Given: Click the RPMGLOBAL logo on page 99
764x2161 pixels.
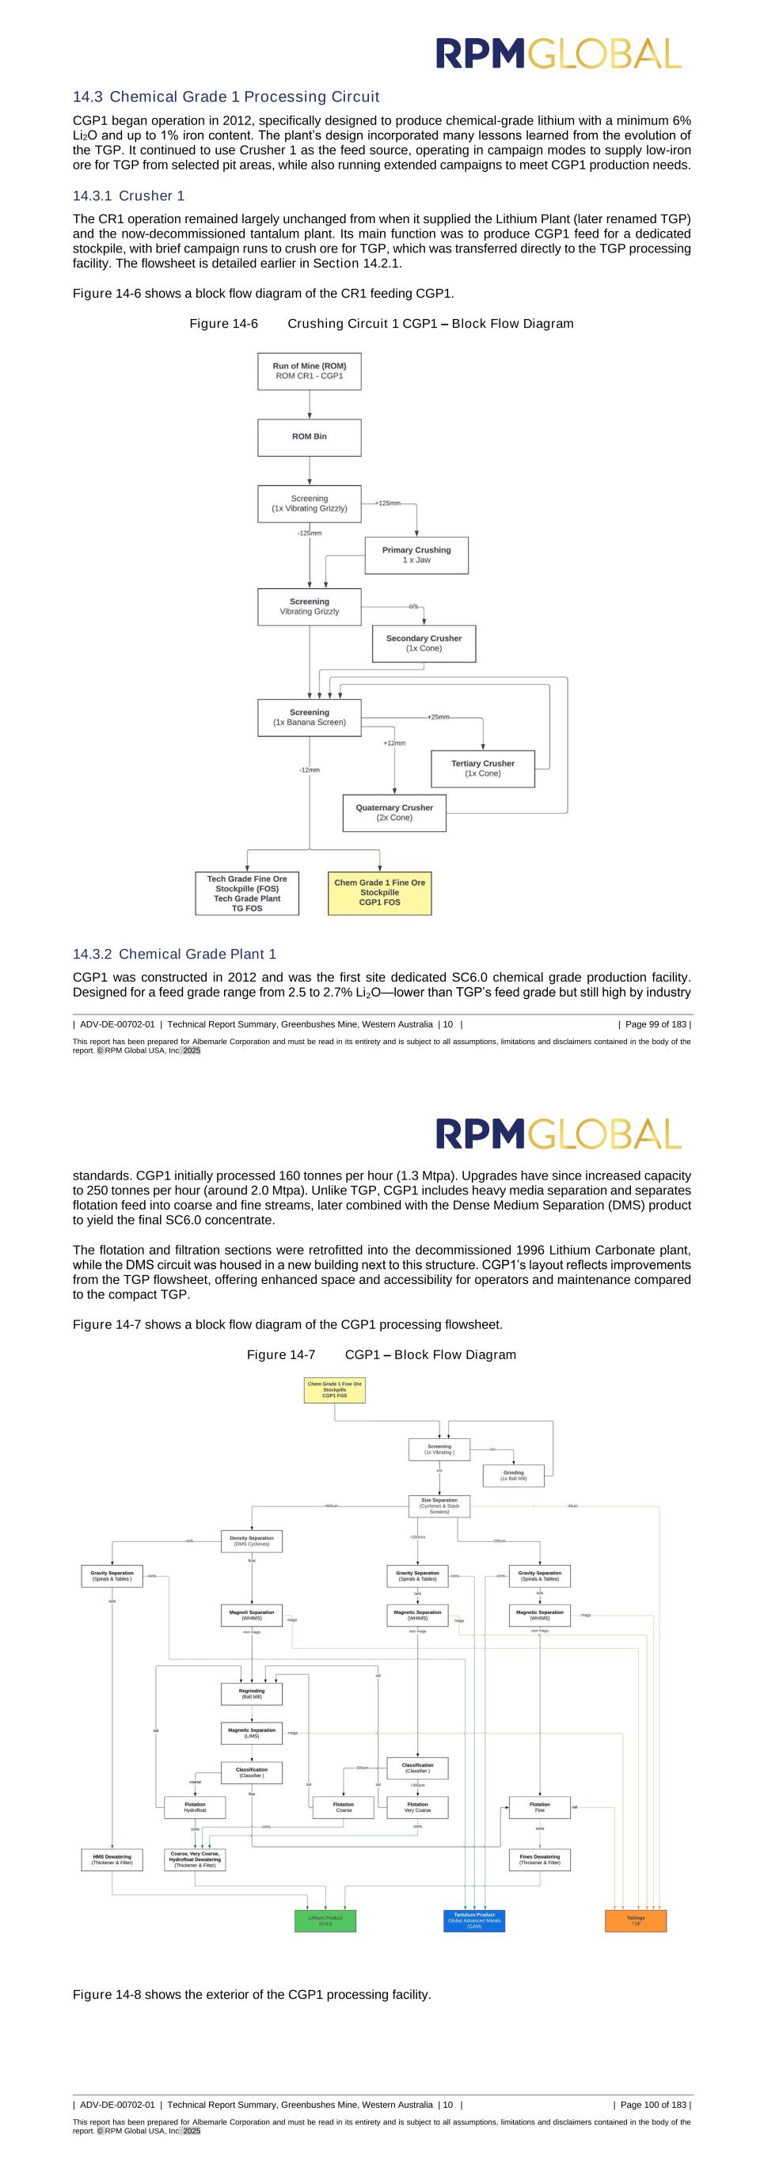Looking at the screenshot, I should (557, 54).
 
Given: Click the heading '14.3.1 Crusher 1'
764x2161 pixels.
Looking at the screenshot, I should (128, 196).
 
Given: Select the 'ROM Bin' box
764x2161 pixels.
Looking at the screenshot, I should (310, 437).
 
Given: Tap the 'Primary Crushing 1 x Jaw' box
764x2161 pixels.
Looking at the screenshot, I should (416, 556).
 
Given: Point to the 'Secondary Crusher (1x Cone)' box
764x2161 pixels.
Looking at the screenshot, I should (424, 644).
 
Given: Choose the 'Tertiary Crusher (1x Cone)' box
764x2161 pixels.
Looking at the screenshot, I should (482, 769).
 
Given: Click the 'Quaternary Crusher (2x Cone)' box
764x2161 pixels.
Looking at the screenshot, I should (394, 813).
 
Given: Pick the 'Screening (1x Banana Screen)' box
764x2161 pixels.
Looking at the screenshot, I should (310, 717).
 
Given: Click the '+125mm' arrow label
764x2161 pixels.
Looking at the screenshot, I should (387, 503).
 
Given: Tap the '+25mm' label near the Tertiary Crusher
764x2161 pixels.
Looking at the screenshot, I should (438, 717).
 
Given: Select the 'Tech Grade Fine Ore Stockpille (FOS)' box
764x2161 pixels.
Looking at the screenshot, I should (246, 894).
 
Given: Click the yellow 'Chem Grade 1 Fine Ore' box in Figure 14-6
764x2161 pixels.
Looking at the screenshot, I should (379, 893).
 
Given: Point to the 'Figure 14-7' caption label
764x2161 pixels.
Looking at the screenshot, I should (281, 1355).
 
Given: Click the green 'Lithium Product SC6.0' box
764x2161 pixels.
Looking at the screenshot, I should (325, 1921).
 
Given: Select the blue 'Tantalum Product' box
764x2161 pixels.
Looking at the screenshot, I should (473, 1921).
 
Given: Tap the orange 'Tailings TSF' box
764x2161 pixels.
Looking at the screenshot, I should (636, 1921).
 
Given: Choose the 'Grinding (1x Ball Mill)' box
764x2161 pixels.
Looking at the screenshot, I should (513, 1475).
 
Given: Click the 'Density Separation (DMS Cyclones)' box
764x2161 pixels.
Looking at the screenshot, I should (252, 1541).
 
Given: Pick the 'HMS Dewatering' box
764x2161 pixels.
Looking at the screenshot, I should (112, 1860).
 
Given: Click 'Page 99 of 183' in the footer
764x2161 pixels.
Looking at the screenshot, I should (654, 1024).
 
